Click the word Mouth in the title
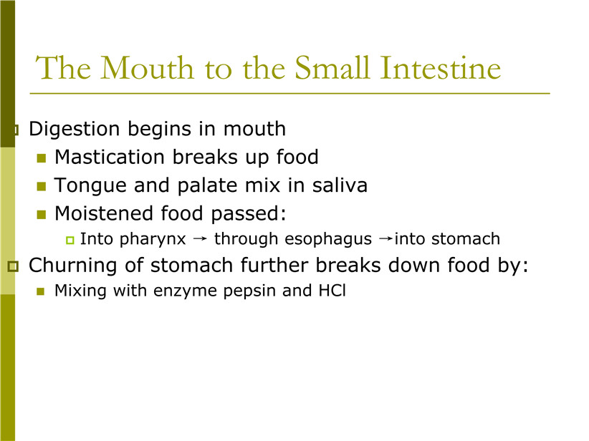point(148,67)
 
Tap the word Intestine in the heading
point(441,67)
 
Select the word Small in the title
point(332,67)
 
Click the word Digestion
point(75,130)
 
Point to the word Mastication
point(110,157)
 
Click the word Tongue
point(90,185)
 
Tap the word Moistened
point(104,213)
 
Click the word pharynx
point(153,239)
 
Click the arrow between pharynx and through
point(200,238)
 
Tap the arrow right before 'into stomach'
point(386,238)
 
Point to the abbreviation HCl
point(332,291)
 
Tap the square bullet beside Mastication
point(42,158)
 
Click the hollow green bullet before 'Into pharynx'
point(70,241)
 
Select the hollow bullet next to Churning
point(13,266)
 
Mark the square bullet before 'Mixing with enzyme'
point(41,291)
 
